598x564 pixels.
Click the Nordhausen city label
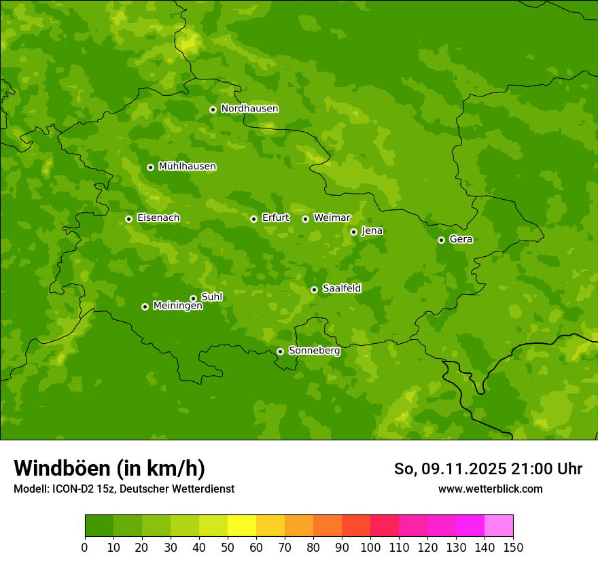(249, 109)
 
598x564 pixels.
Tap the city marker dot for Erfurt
(253, 219)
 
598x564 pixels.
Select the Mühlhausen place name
(187, 166)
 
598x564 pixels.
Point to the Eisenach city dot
(128, 219)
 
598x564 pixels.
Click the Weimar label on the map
(332, 218)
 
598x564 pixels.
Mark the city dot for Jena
(353, 232)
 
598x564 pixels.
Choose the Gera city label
(461, 239)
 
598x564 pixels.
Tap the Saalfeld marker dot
(314, 289)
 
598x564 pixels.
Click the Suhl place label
(211, 297)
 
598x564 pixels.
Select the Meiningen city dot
(145, 306)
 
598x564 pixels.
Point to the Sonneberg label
(314, 351)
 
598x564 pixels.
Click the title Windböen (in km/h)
(109, 468)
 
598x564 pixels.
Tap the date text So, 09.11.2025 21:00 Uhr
(488, 469)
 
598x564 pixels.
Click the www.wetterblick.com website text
(490, 489)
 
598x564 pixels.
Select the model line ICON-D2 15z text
(124, 489)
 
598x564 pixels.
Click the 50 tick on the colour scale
(228, 547)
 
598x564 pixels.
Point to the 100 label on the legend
(370, 547)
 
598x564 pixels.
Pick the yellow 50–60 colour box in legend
(242, 526)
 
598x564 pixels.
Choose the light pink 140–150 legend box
(499, 526)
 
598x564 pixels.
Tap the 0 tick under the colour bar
(85, 547)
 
